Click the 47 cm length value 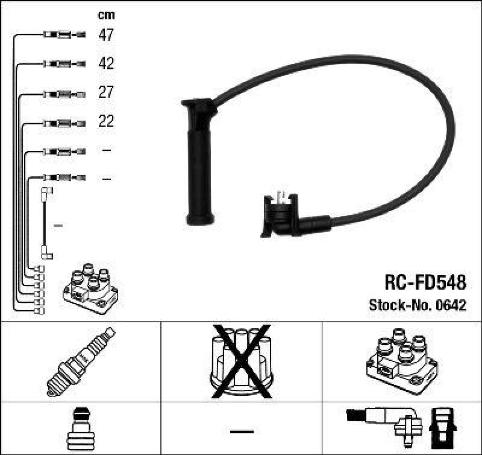coord(106,35)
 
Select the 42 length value coord(106,63)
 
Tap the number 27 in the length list coord(106,92)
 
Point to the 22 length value coord(106,121)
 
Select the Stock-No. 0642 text coord(417,305)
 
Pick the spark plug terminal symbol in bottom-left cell coord(80,430)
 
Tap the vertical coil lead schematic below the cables coord(46,223)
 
